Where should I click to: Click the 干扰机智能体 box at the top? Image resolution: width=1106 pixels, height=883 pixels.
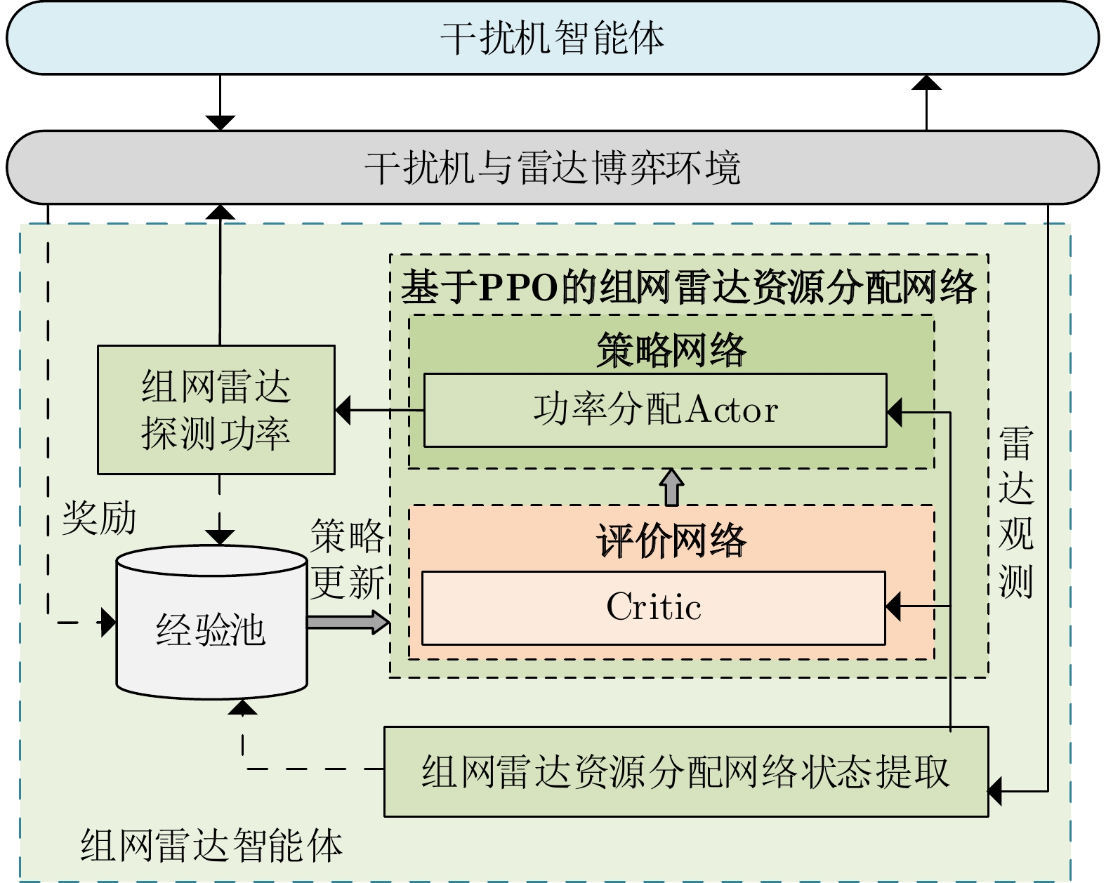point(553,38)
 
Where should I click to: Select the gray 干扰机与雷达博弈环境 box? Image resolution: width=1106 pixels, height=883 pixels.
point(553,168)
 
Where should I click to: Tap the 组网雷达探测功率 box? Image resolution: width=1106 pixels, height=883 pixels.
point(216,410)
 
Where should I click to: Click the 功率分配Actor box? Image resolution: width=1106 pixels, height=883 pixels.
point(655,410)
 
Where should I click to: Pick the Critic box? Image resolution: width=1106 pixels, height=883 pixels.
point(653,608)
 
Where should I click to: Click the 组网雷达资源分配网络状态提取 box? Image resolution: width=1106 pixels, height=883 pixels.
point(685,771)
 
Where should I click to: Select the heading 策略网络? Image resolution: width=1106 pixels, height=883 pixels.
point(671,350)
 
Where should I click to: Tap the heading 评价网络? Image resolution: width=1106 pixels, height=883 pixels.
point(671,540)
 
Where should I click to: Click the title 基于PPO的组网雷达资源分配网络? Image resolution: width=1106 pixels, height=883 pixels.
point(688,287)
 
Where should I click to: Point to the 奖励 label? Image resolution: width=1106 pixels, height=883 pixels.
point(99,519)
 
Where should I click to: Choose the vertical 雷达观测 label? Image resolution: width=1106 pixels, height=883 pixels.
point(1015,512)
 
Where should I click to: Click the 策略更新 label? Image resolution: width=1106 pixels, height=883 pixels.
point(348,559)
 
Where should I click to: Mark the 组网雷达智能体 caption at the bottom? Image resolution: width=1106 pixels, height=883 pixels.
point(211,844)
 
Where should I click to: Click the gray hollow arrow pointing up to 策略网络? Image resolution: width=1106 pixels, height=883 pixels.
point(672,486)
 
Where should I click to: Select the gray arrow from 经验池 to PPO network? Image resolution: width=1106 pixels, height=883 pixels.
point(348,622)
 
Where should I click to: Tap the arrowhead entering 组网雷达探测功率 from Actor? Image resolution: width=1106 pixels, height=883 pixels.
point(343,410)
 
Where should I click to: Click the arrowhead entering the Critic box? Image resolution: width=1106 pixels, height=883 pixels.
point(893,606)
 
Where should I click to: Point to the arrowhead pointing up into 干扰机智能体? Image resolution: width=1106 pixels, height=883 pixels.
point(926,84)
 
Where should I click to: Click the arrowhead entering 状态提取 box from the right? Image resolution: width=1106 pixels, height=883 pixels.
point(996,791)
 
